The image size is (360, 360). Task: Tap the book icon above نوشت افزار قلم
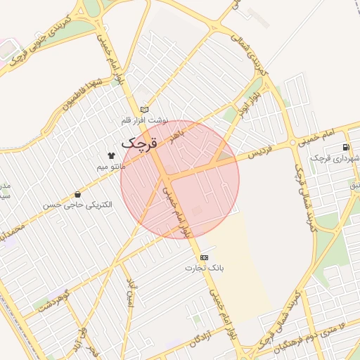(x=145, y=110)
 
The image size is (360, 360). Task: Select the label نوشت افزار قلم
(x=144, y=120)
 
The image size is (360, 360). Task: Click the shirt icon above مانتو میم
(x=110, y=155)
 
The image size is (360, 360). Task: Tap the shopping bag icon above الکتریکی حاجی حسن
(x=77, y=194)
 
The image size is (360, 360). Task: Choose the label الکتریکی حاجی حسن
(x=77, y=205)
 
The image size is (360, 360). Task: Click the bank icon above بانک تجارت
(x=204, y=257)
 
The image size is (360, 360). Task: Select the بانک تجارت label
(x=203, y=268)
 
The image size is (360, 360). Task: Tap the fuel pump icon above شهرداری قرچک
(x=345, y=147)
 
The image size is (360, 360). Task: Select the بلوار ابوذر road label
(x=254, y=101)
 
